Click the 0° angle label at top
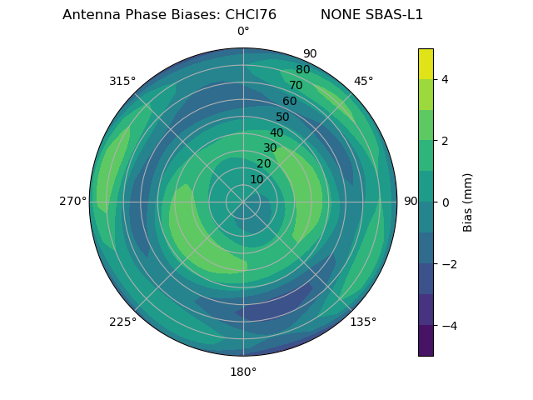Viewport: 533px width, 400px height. [243, 32]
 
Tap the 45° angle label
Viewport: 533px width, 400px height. [363, 81]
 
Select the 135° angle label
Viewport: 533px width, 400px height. [363, 322]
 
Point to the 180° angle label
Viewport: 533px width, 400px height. [243, 372]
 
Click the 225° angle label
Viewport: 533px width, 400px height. [122, 322]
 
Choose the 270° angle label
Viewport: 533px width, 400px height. [73, 202]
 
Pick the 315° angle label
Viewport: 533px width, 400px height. [122, 81]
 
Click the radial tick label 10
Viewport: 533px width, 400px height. [257, 179]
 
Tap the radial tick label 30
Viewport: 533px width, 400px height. [270, 148]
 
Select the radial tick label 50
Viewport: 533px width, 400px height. [283, 117]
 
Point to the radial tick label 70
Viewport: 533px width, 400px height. [296, 86]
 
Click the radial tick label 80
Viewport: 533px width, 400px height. [302, 70]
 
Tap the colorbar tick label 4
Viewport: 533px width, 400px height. [445, 79]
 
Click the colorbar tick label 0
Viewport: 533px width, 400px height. [445, 202]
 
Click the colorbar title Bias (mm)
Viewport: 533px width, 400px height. [468, 202]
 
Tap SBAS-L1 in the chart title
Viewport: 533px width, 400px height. [394, 15]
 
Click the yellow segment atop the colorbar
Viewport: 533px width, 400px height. [426, 63]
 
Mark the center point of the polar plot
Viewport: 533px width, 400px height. [243, 202]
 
